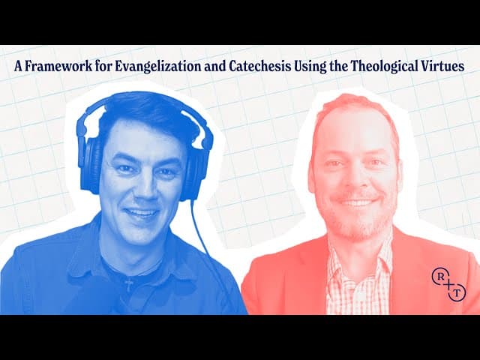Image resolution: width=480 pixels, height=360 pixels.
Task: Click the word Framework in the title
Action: [58, 66]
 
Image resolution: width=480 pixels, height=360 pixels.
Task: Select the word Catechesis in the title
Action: [259, 66]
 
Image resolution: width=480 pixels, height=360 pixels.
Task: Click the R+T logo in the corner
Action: [448, 283]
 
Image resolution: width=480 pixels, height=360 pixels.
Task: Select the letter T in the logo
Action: [457, 292]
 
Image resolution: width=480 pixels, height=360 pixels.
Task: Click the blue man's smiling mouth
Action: [142, 212]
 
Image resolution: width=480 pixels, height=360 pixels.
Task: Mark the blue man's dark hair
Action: [147, 116]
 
